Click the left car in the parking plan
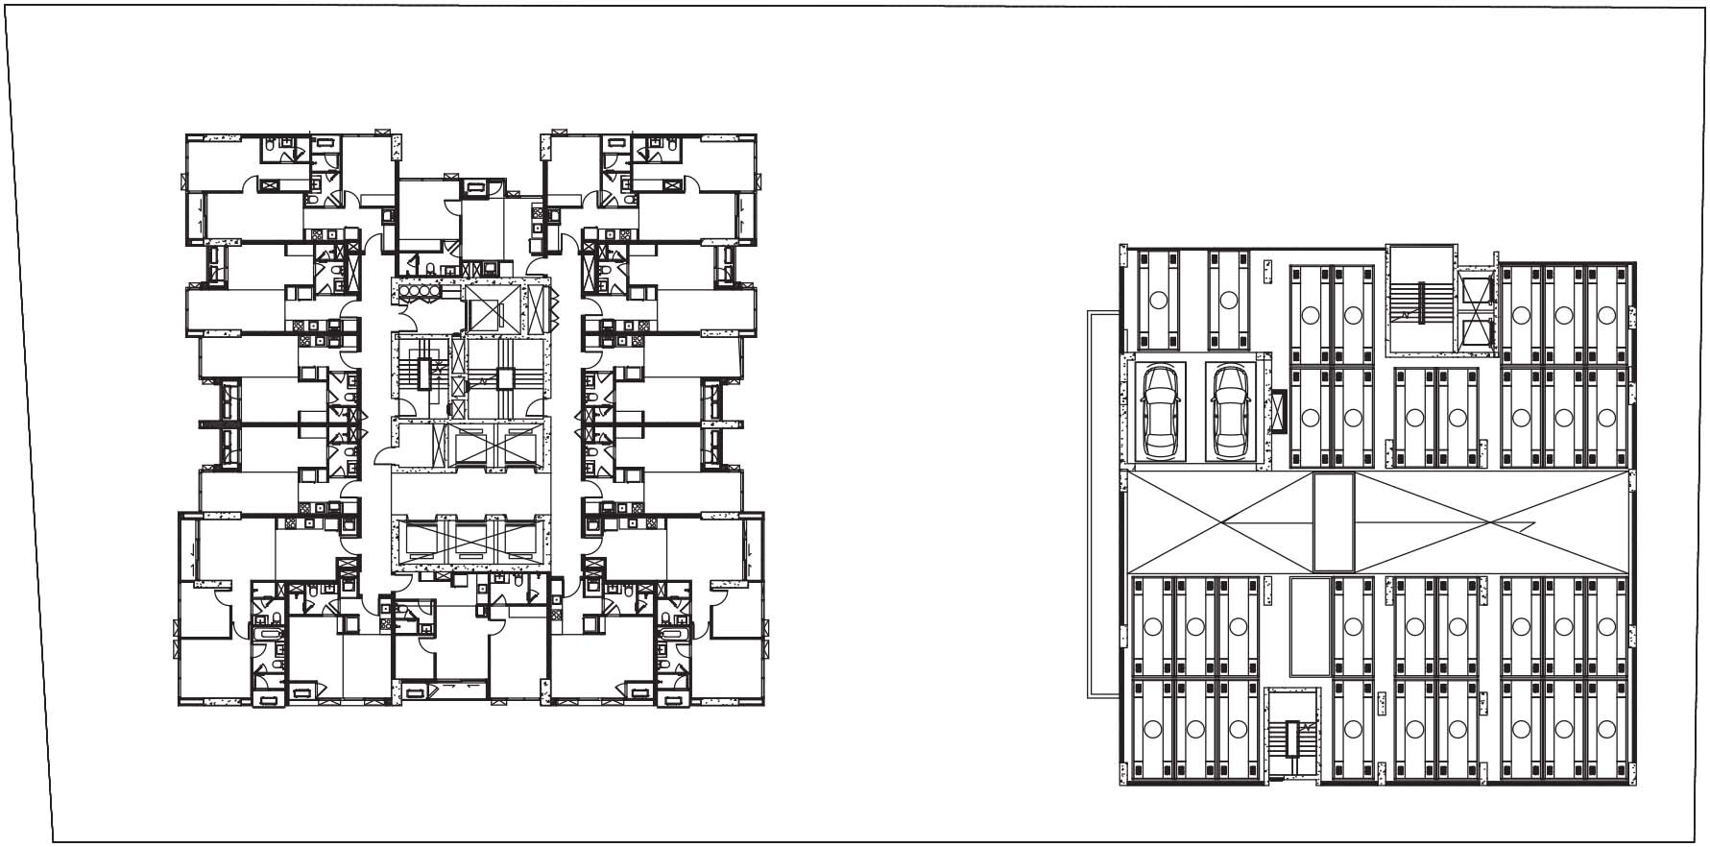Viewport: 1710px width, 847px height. pos(1161,412)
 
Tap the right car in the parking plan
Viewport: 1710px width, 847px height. pos(1229,412)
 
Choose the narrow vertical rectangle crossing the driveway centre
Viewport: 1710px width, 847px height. pos(1333,522)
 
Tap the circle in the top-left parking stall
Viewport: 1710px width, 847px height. pos(1157,300)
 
